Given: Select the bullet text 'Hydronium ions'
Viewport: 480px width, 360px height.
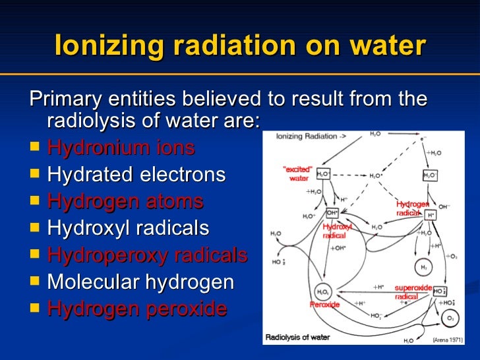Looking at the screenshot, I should [x=121, y=148].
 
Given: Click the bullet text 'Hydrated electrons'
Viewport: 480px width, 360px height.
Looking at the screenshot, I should [x=136, y=175].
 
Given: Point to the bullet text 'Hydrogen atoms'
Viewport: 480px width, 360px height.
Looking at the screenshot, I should [x=125, y=202].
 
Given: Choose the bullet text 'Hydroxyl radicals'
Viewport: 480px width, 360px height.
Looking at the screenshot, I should [x=129, y=228].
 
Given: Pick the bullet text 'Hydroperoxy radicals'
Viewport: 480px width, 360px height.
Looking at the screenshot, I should [x=148, y=255].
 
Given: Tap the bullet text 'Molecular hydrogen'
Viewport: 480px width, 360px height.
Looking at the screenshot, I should [x=140, y=282].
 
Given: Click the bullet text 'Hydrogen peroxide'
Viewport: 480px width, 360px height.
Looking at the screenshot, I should [x=137, y=309].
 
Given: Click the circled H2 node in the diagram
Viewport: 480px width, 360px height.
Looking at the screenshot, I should [x=422, y=268].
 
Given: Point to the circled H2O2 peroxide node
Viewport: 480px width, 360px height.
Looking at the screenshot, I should [x=323, y=292].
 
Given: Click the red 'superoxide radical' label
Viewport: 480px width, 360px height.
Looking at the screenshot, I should [x=412, y=292].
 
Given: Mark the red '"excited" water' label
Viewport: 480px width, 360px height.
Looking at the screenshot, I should [x=297, y=173].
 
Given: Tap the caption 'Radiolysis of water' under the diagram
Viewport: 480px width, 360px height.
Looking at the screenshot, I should [x=297, y=338].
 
